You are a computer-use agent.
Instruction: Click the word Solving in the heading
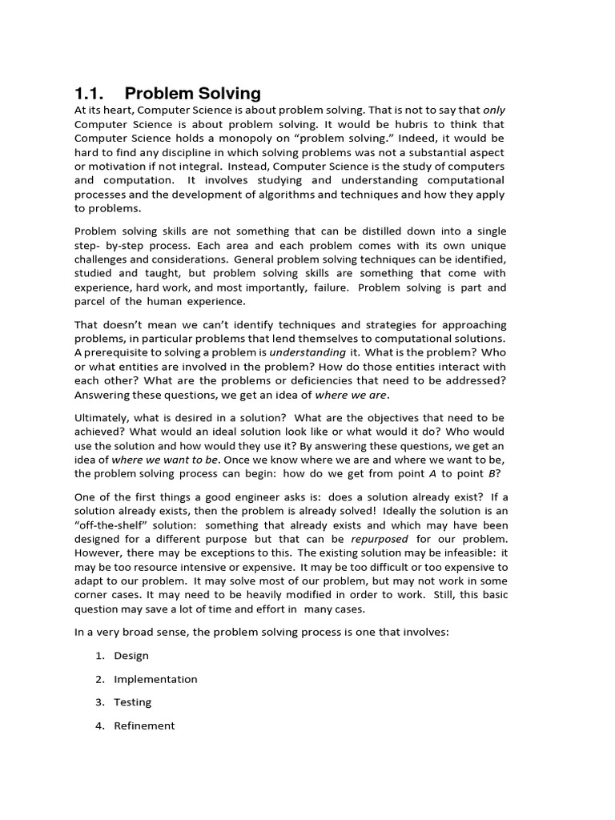pos(224,93)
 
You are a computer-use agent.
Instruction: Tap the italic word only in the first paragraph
pos(494,110)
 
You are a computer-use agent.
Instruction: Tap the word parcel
pos(91,302)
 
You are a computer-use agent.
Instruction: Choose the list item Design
pos(131,655)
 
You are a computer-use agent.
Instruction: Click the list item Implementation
pos(155,679)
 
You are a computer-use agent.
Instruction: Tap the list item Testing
pos(132,702)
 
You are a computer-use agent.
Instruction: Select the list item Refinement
pos(144,726)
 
